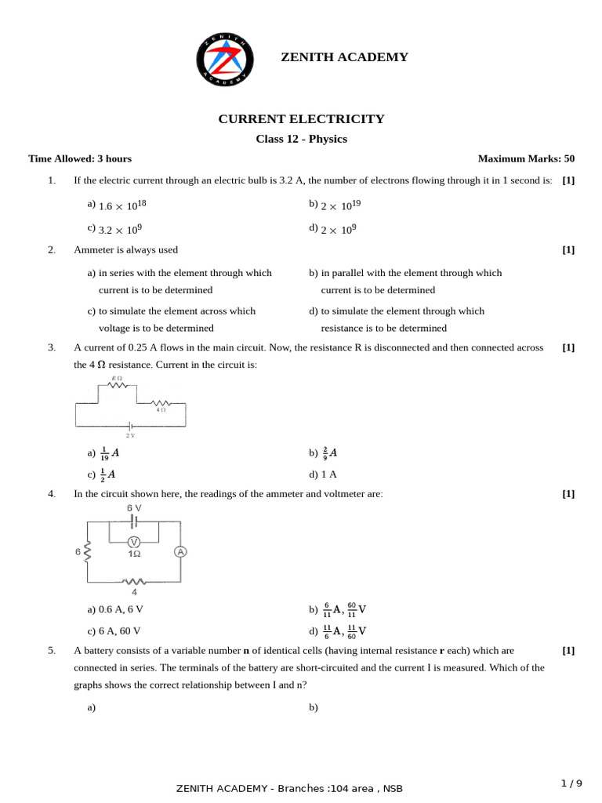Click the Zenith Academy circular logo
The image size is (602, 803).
(x=225, y=60)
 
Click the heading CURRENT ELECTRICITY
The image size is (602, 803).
(x=301, y=119)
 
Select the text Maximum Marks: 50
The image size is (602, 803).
(x=526, y=158)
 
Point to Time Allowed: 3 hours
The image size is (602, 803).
(x=80, y=158)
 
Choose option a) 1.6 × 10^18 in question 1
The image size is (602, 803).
(x=118, y=205)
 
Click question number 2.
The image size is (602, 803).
(x=52, y=250)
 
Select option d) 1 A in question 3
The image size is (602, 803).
(x=323, y=474)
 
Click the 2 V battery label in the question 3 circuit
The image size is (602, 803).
(x=130, y=434)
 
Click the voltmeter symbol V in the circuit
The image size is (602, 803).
(x=134, y=542)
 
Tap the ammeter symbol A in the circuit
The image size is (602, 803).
(x=180, y=552)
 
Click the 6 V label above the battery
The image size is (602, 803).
(x=134, y=508)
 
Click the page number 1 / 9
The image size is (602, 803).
(x=571, y=783)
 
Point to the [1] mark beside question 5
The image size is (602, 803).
(x=568, y=651)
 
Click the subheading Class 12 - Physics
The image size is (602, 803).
(x=301, y=140)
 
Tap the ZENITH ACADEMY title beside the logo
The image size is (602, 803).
(x=344, y=57)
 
